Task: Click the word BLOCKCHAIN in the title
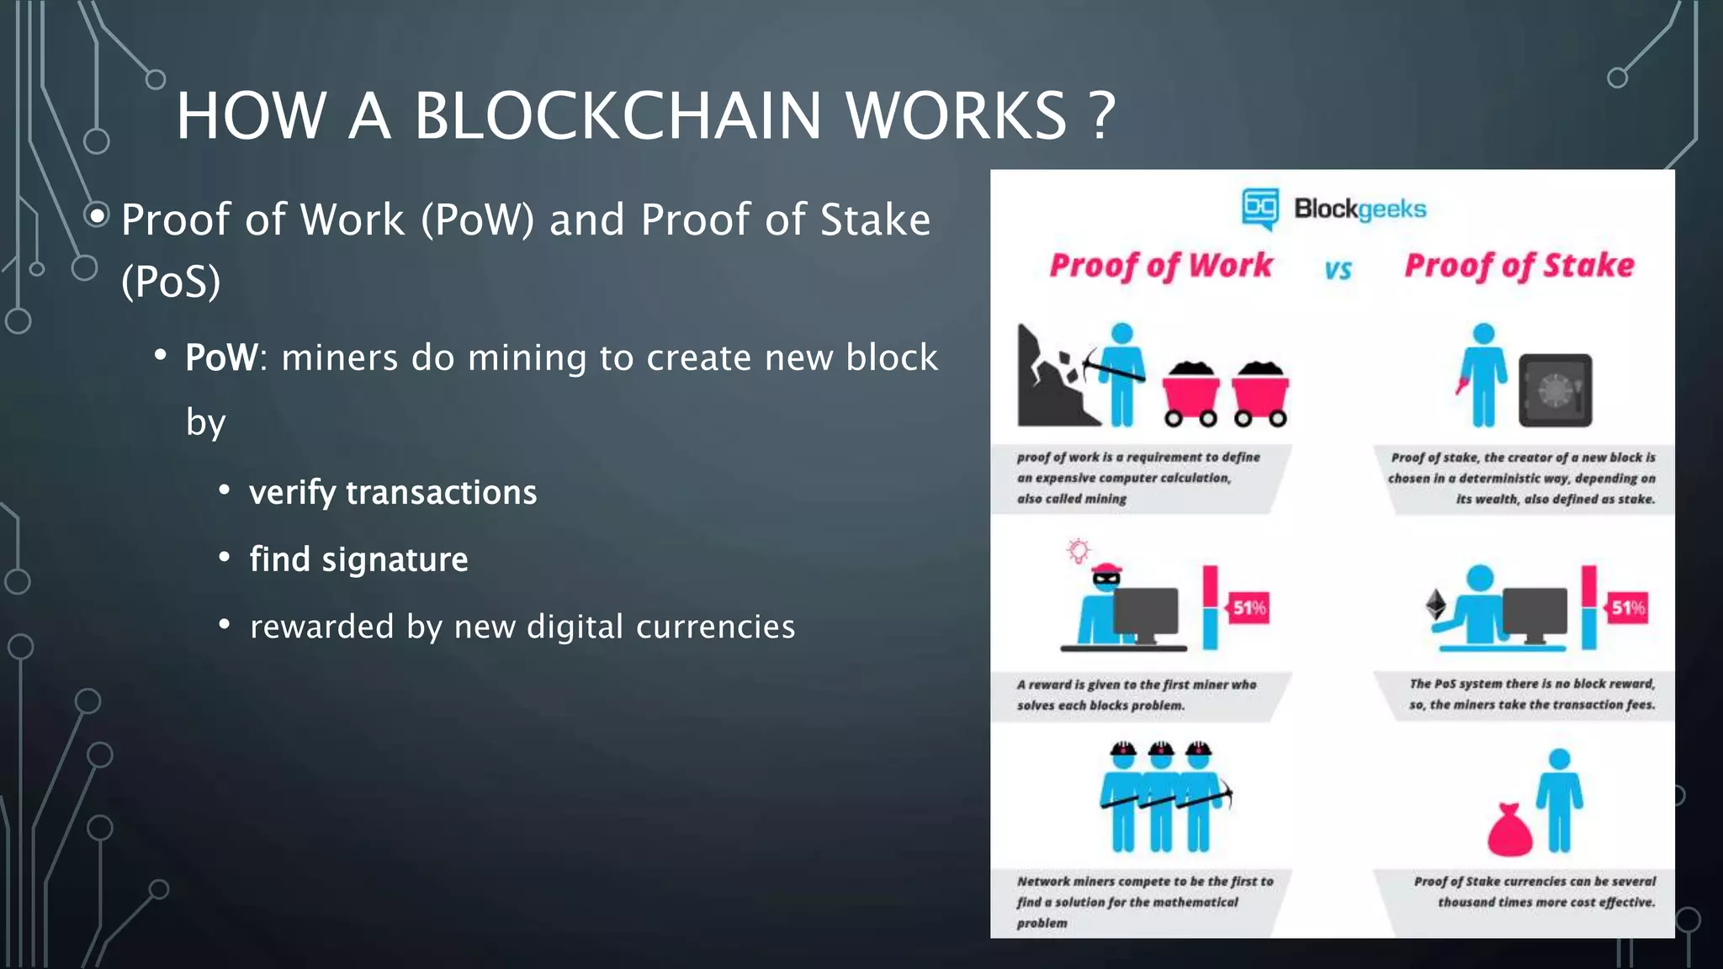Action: coord(617,115)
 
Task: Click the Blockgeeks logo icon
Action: coord(1259,208)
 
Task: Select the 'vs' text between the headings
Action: coord(1338,270)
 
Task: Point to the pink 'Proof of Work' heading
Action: coord(1161,266)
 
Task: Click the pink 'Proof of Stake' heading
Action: coord(1519,266)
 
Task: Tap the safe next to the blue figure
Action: coord(1555,390)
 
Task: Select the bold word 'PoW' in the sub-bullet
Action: coord(220,357)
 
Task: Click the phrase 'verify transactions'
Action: coord(393,492)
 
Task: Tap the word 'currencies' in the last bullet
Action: coord(715,627)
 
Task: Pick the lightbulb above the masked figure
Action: coord(1078,551)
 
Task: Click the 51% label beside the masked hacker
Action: coord(1249,608)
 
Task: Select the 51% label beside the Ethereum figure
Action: coord(1627,608)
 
